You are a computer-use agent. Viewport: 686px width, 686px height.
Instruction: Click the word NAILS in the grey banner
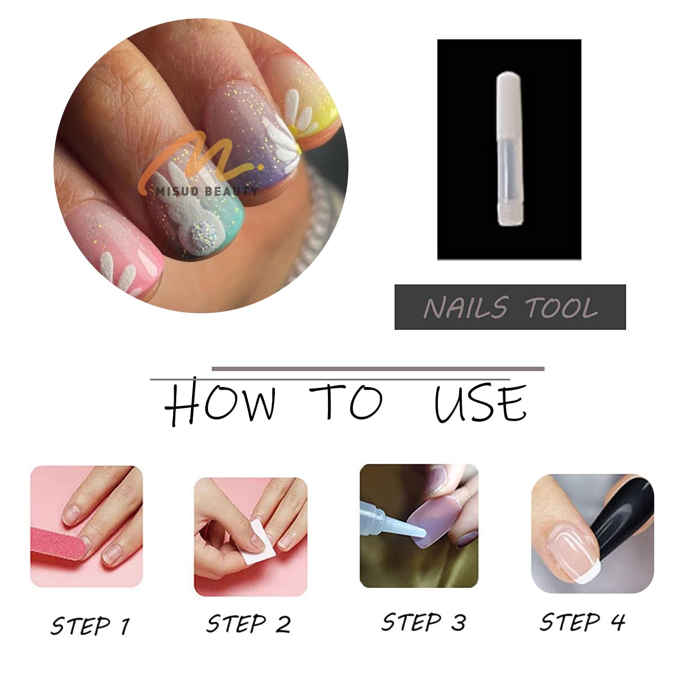(465, 307)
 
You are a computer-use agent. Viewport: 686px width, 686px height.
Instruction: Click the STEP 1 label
(90, 625)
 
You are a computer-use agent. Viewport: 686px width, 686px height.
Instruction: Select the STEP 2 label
(248, 624)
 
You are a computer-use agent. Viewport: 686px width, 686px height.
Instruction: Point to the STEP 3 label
(423, 622)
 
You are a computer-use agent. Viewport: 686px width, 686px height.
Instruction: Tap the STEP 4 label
(582, 622)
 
